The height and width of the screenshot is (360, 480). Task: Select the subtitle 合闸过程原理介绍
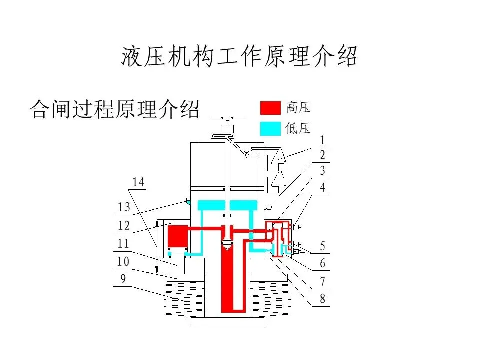click(x=115, y=109)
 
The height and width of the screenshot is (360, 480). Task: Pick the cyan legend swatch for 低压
click(x=270, y=128)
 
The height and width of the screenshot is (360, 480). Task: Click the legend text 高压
click(x=298, y=107)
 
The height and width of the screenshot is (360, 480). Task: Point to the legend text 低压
click(x=298, y=128)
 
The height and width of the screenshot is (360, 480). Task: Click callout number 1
click(x=323, y=141)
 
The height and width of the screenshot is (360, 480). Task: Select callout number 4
click(x=323, y=188)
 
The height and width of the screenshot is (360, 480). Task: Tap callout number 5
click(x=323, y=246)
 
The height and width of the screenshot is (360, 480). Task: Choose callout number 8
click(x=323, y=299)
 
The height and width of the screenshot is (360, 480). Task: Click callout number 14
click(x=138, y=183)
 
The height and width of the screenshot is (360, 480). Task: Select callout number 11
click(x=123, y=244)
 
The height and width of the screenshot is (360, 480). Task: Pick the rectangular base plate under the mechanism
click(x=227, y=322)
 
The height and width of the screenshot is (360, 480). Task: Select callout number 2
click(x=323, y=156)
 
